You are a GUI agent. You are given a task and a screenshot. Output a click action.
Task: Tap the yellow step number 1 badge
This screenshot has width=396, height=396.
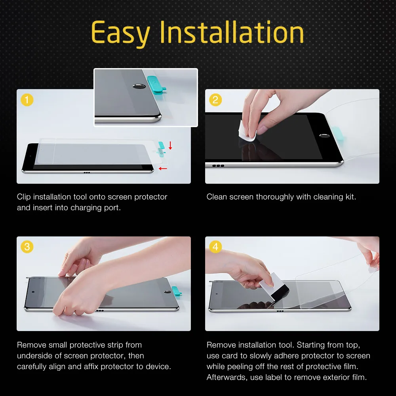(x=27, y=100)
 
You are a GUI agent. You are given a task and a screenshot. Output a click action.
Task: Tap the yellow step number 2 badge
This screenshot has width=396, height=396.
(x=215, y=100)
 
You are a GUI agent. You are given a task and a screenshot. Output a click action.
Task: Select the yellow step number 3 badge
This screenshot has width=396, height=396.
(x=27, y=247)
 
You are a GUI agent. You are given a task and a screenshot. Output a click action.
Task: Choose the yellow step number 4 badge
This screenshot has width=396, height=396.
(x=215, y=247)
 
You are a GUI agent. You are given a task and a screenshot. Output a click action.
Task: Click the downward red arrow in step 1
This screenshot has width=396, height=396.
(x=170, y=145)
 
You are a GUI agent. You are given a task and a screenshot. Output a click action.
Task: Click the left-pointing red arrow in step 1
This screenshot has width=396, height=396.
(x=162, y=169)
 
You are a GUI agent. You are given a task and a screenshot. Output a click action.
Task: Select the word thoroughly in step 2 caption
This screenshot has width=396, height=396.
(x=274, y=197)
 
